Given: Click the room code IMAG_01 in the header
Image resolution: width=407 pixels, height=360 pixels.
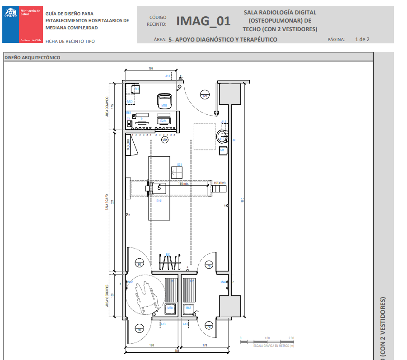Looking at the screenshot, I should click(x=203, y=21).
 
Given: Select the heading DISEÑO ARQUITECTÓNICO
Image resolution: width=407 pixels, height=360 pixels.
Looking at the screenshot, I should click(x=32, y=57).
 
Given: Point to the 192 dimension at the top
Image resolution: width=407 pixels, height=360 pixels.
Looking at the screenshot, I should click(x=151, y=68).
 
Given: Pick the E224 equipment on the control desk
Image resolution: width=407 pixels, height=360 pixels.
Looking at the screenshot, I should click(x=163, y=121).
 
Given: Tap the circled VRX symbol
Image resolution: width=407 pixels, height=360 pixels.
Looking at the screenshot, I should click(x=165, y=140).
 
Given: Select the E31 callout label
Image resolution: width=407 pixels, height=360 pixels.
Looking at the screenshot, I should click(x=179, y=164).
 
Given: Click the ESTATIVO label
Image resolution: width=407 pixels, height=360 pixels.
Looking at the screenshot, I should click(x=220, y=183).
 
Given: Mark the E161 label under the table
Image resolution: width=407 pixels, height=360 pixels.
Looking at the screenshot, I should click(x=159, y=201).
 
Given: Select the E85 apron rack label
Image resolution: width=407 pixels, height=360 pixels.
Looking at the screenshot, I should click(x=168, y=254).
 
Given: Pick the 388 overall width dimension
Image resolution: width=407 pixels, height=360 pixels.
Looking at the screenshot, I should click(x=177, y=350).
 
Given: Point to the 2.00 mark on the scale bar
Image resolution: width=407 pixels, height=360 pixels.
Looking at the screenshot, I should click(x=291, y=338).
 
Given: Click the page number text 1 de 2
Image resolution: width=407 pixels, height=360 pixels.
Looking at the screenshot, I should click(x=362, y=39).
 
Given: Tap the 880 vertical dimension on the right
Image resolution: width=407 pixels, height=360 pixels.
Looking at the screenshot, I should click(x=243, y=201).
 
